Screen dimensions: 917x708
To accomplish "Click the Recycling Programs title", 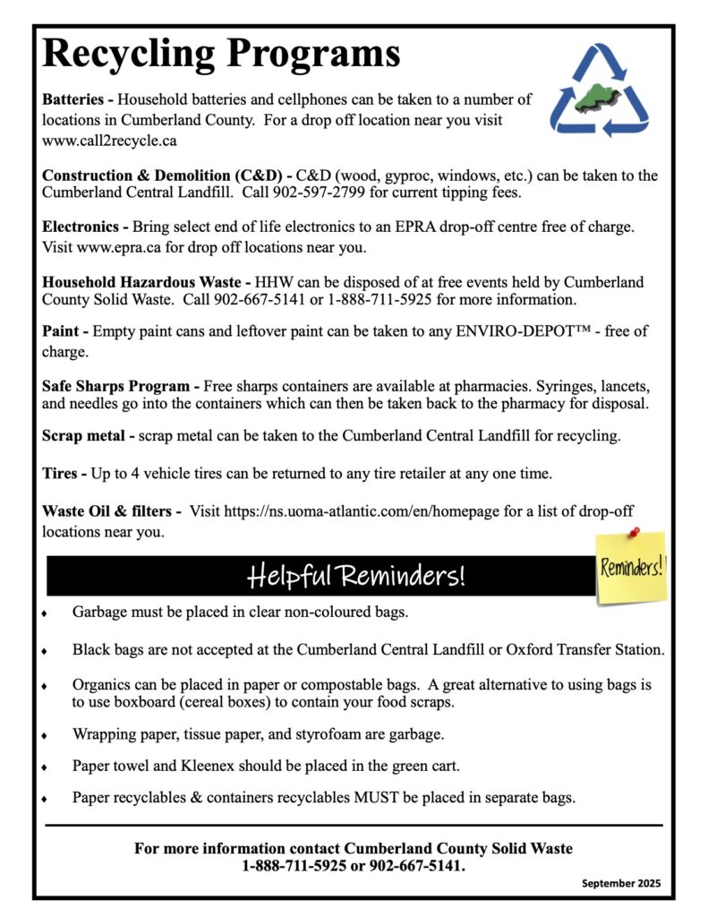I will [x=221, y=54].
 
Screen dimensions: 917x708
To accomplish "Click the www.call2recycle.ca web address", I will [x=109, y=141].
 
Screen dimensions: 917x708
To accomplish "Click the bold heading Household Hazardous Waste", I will [x=148, y=282].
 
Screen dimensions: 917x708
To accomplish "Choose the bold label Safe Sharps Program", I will [x=116, y=386].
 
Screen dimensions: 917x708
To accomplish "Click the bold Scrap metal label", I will [x=84, y=436].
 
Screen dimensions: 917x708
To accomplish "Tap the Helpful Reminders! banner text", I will [x=355, y=576].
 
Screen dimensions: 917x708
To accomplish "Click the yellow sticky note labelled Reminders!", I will [x=632, y=568].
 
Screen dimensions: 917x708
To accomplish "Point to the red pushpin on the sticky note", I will [x=635, y=532].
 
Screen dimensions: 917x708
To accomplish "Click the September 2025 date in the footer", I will [x=620, y=883].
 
